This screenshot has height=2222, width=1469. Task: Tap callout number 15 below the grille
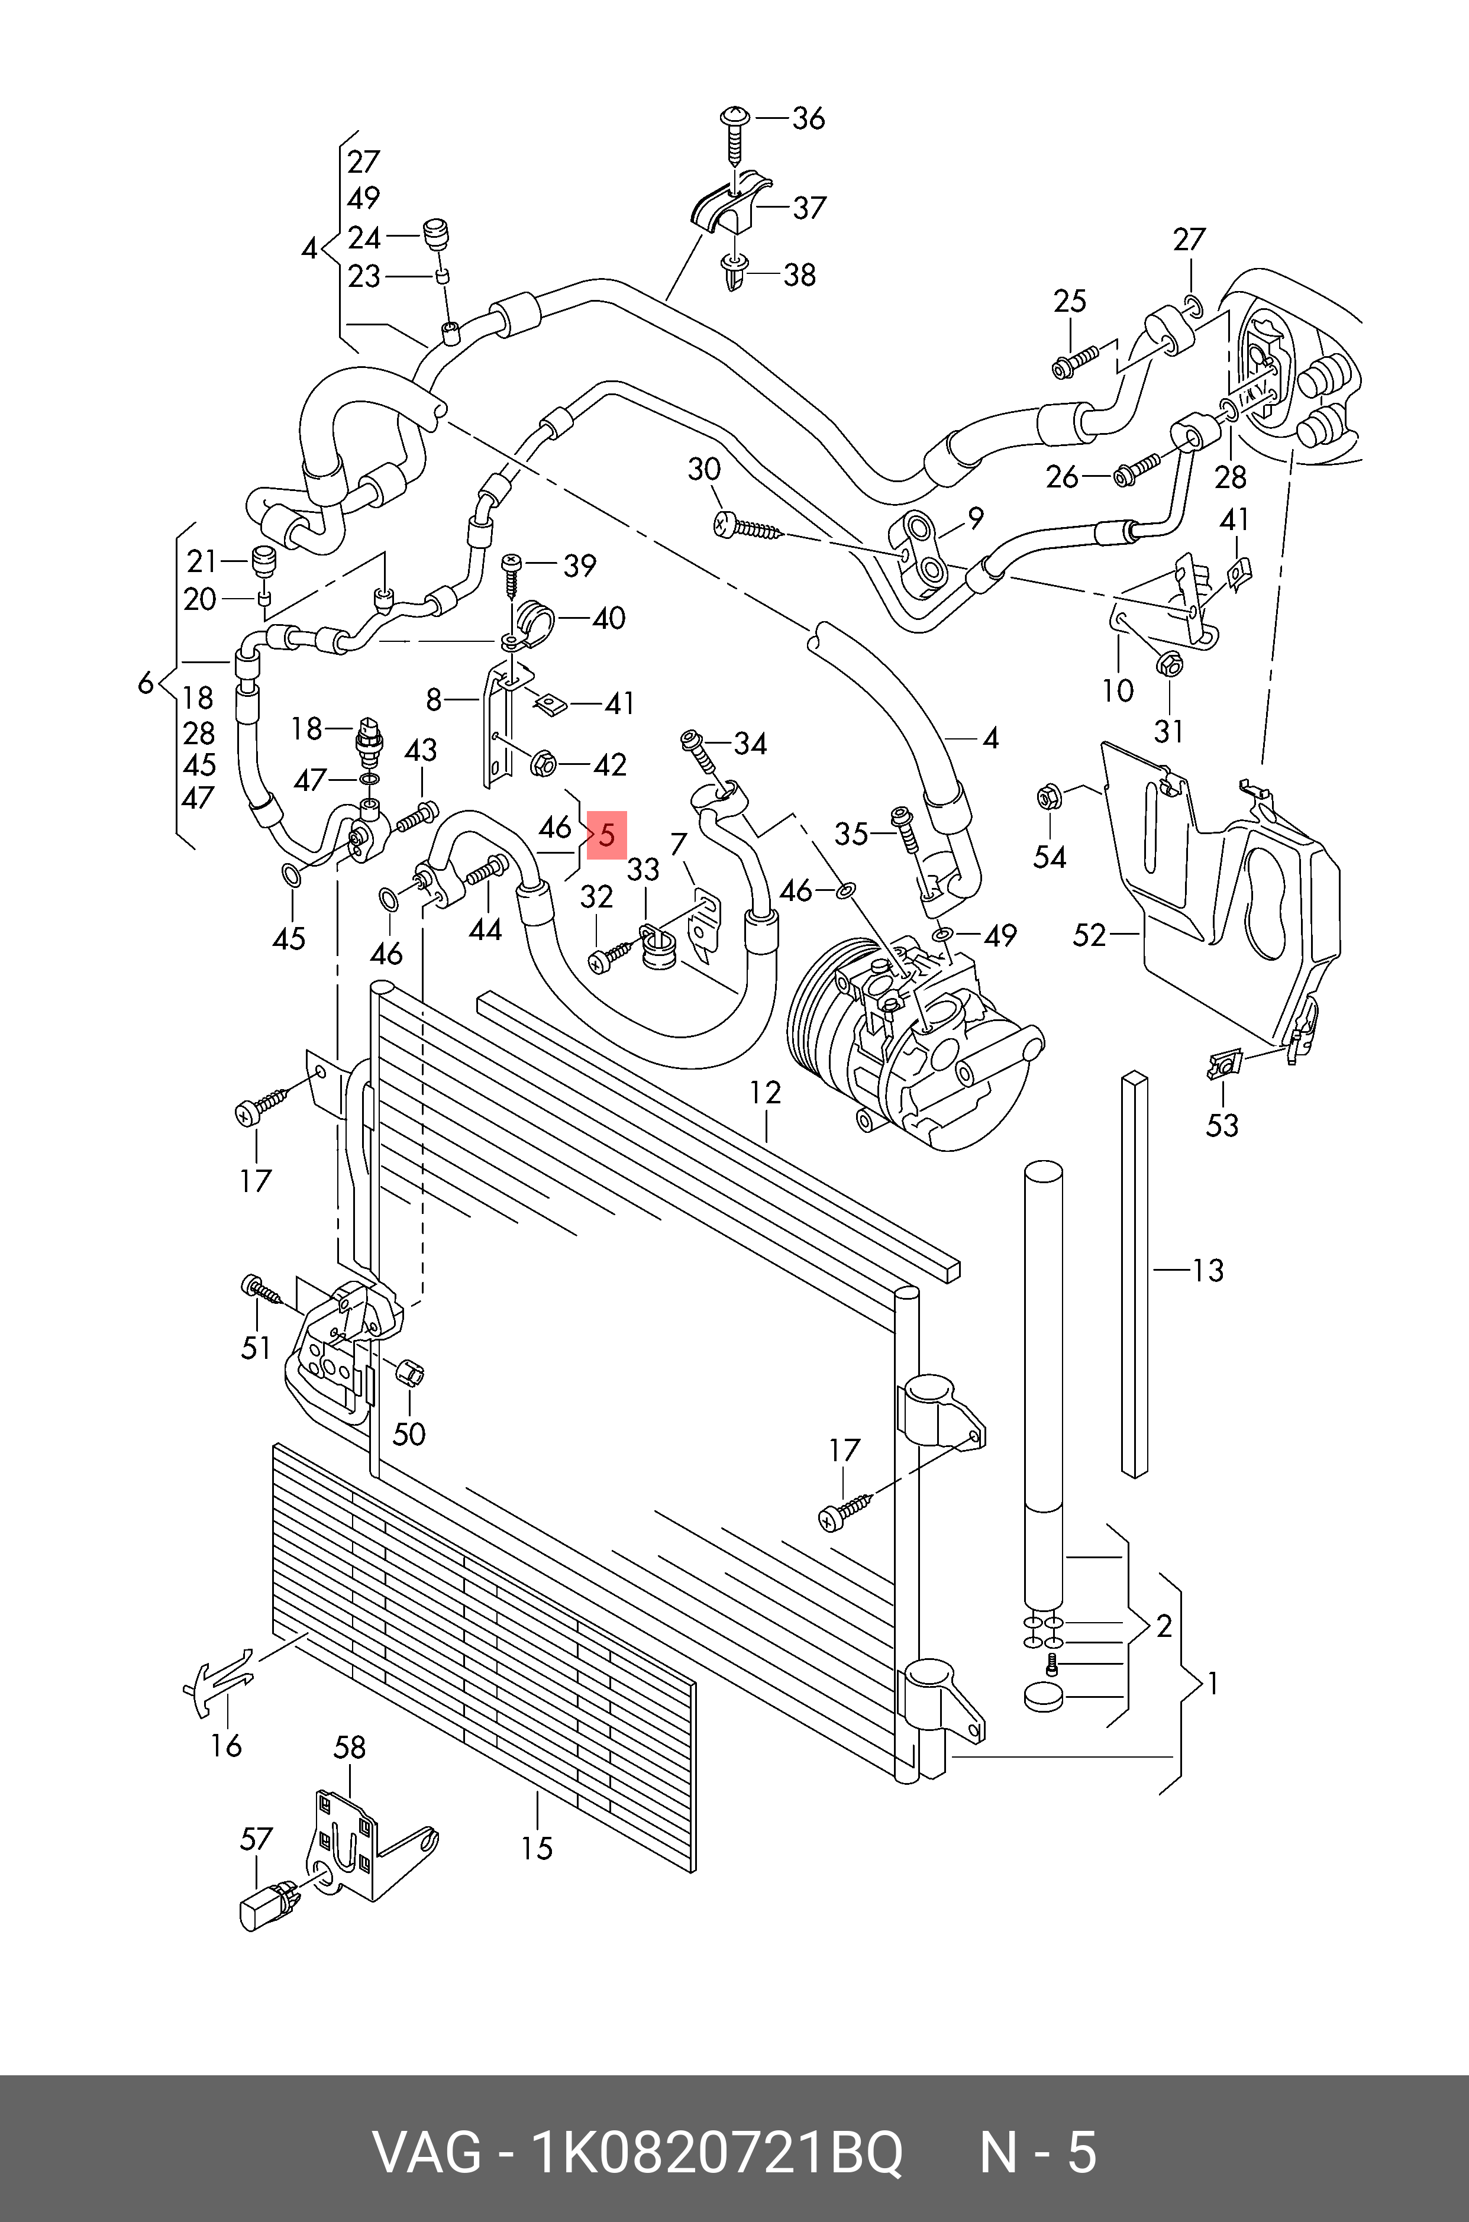coord(537,1848)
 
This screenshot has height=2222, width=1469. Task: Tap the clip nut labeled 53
coord(1223,1065)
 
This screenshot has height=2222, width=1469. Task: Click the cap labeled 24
coord(435,233)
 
